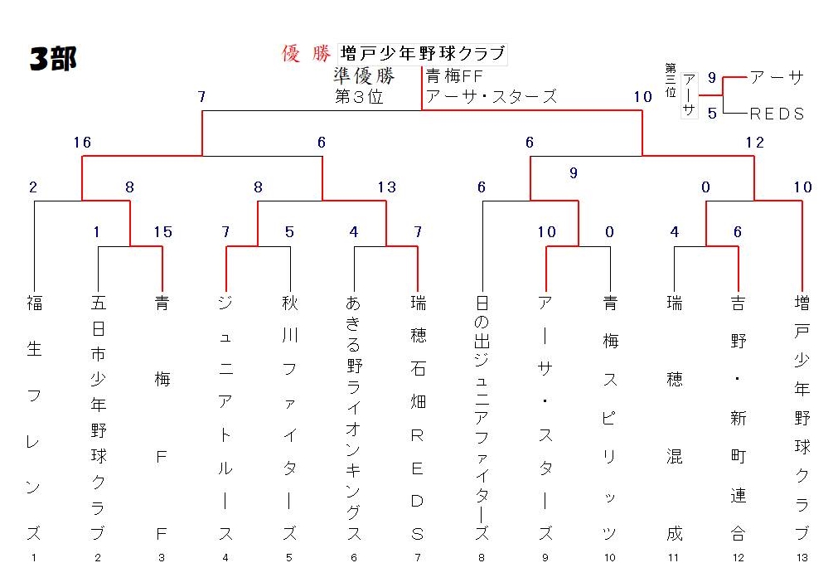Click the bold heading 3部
click(53, 58)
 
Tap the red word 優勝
click(306, 54)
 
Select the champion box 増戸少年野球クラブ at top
click(423, 54)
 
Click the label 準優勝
click(365, 76)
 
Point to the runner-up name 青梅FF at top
click(454, 76)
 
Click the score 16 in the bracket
click(82, 143)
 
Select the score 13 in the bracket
click(387, 187)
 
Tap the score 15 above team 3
click(163, 231)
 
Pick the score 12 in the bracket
click(755, 143)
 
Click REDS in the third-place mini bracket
click(777, 114)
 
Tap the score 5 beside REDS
click(713, 113)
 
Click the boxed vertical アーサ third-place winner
click(689, 95)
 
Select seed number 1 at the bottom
click(34, 558)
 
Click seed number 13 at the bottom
click(802, 558)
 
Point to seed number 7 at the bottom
click(418, 558)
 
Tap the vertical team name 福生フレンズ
click(34, 418)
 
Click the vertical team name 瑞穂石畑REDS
click(418, 418)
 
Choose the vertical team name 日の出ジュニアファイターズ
click(482, 418)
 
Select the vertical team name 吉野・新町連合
click(738, 418)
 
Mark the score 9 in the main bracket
click(574, 173)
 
